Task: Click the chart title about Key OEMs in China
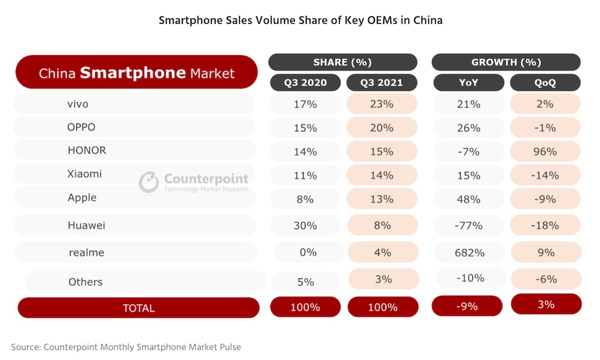pos(301,20)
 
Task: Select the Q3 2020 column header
pos(305,82)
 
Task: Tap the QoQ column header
pos(545,82)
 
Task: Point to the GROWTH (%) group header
pos(506,62)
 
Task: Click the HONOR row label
pos(87,151)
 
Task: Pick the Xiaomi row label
pos(84,174)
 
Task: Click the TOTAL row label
pos(138,308)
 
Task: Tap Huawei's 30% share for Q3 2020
pos(305,226)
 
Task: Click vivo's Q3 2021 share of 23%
pos(382,104)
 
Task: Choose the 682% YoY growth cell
pos(467,252)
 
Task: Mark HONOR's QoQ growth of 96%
pos(545,151)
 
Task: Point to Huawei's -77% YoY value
pos(467,226)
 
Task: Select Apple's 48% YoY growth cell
pos(467,199)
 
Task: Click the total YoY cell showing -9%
pos(467,306)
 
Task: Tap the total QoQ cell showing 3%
pos(546,304)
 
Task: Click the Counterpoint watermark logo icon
pos(149,182)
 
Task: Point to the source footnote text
pos(126,347)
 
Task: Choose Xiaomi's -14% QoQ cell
pos(545,175)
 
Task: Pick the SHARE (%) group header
pos(343,62)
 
